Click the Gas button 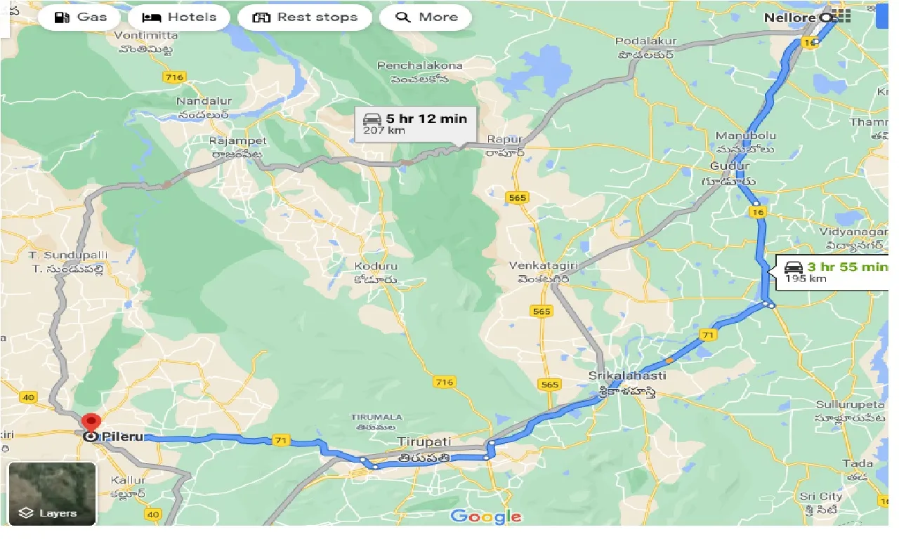pos(81,18)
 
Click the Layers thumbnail pos(52,493)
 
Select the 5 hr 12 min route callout pos(416,124)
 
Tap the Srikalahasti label pos(627,376)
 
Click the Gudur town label pos(730,166)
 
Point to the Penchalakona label pos(420,65)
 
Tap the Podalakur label pos(645,41)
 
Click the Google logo pos(486,517)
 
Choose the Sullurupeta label pos(850,404)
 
